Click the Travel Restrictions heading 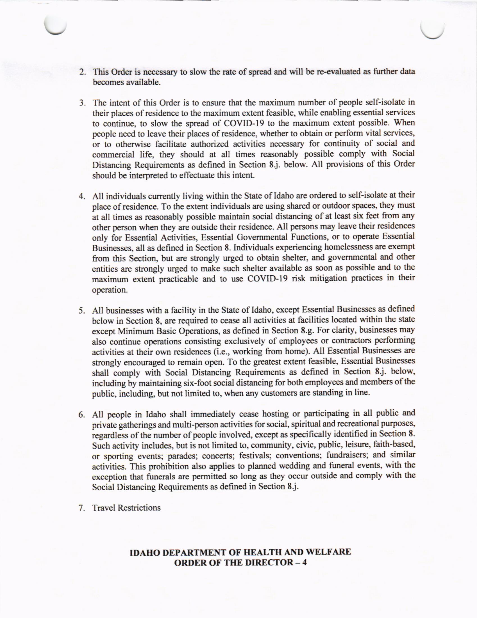(x=126, y=508)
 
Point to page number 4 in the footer (x=304, y=562)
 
